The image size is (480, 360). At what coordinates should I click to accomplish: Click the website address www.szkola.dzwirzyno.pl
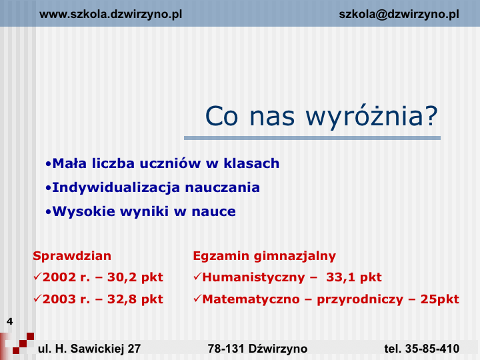[x=111, y=15]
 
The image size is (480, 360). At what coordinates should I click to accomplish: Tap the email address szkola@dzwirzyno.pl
[x=399, y=15]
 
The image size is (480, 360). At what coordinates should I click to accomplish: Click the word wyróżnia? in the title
[x=372, y=117]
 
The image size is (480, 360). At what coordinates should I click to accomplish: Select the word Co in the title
[x=221, y=116]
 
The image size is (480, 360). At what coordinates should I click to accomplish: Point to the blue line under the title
[x=312, y=139]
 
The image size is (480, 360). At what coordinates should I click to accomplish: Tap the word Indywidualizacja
[x=116, y=187]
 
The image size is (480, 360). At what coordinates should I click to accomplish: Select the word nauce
[x=214, y=212]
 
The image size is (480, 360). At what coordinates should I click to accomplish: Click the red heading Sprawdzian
[x=72, y=256]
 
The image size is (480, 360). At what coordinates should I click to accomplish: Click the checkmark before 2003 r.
[x=37, y=299]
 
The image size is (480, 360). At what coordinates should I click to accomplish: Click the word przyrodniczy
[x=360, y=299]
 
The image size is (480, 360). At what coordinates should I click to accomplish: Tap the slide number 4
[x=10, y=321]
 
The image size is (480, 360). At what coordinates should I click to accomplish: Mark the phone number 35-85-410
[x=432, y=349]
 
